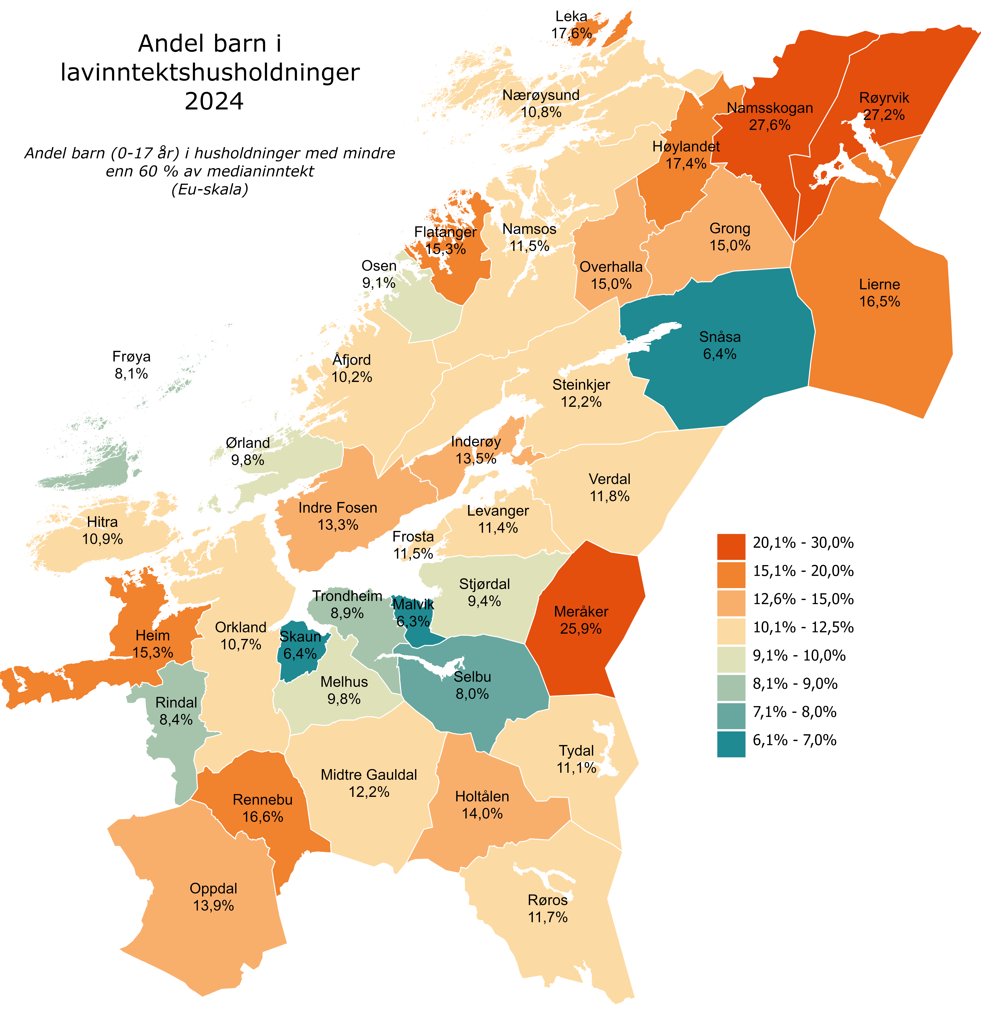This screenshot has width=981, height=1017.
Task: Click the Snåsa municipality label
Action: [720, 337]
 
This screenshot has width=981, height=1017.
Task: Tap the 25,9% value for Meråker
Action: [581, 629]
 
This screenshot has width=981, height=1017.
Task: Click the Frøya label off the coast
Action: [131, 356]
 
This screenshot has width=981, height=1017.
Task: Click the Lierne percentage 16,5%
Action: [879, 301]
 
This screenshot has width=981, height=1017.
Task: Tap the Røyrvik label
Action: [884, 98]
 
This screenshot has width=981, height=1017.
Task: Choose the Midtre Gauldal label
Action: [369, 775]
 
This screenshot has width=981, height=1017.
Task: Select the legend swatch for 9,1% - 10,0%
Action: [731, 660]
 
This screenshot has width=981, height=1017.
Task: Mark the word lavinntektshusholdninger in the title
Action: [210, 72]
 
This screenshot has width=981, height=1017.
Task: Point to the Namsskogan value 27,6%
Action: [769, 125]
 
